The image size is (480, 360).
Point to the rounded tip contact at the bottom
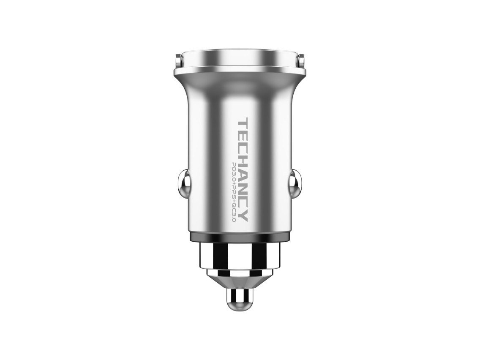point(240,299)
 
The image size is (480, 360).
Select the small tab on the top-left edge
point(178,62)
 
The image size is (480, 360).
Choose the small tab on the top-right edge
point(302,62)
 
